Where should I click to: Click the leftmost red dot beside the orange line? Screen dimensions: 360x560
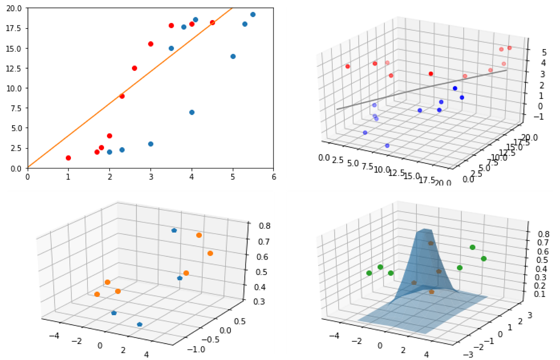coord(69,158)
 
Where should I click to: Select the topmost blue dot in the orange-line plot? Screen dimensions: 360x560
coord(253,14)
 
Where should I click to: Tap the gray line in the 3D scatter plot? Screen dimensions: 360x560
coord(420,90)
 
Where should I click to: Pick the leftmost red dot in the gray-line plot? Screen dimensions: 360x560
coord(348,67)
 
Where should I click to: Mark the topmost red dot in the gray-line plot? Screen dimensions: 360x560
coord(510,48)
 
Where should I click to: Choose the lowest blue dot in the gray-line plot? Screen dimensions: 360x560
coord(387,146)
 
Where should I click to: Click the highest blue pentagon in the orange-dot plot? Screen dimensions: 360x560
coord(174,230)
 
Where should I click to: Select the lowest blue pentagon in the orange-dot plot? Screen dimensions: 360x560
coord(140,324)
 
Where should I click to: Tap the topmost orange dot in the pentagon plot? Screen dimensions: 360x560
coord(199,235)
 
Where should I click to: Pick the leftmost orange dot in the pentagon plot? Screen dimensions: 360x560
coord(97,294)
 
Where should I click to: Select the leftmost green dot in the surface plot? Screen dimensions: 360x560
coord(369,273)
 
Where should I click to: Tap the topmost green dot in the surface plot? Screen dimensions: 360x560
coord(473,247)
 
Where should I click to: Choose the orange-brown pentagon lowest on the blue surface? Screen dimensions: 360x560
coord(432,291)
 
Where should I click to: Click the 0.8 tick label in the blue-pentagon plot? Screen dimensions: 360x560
coord(254,226)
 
